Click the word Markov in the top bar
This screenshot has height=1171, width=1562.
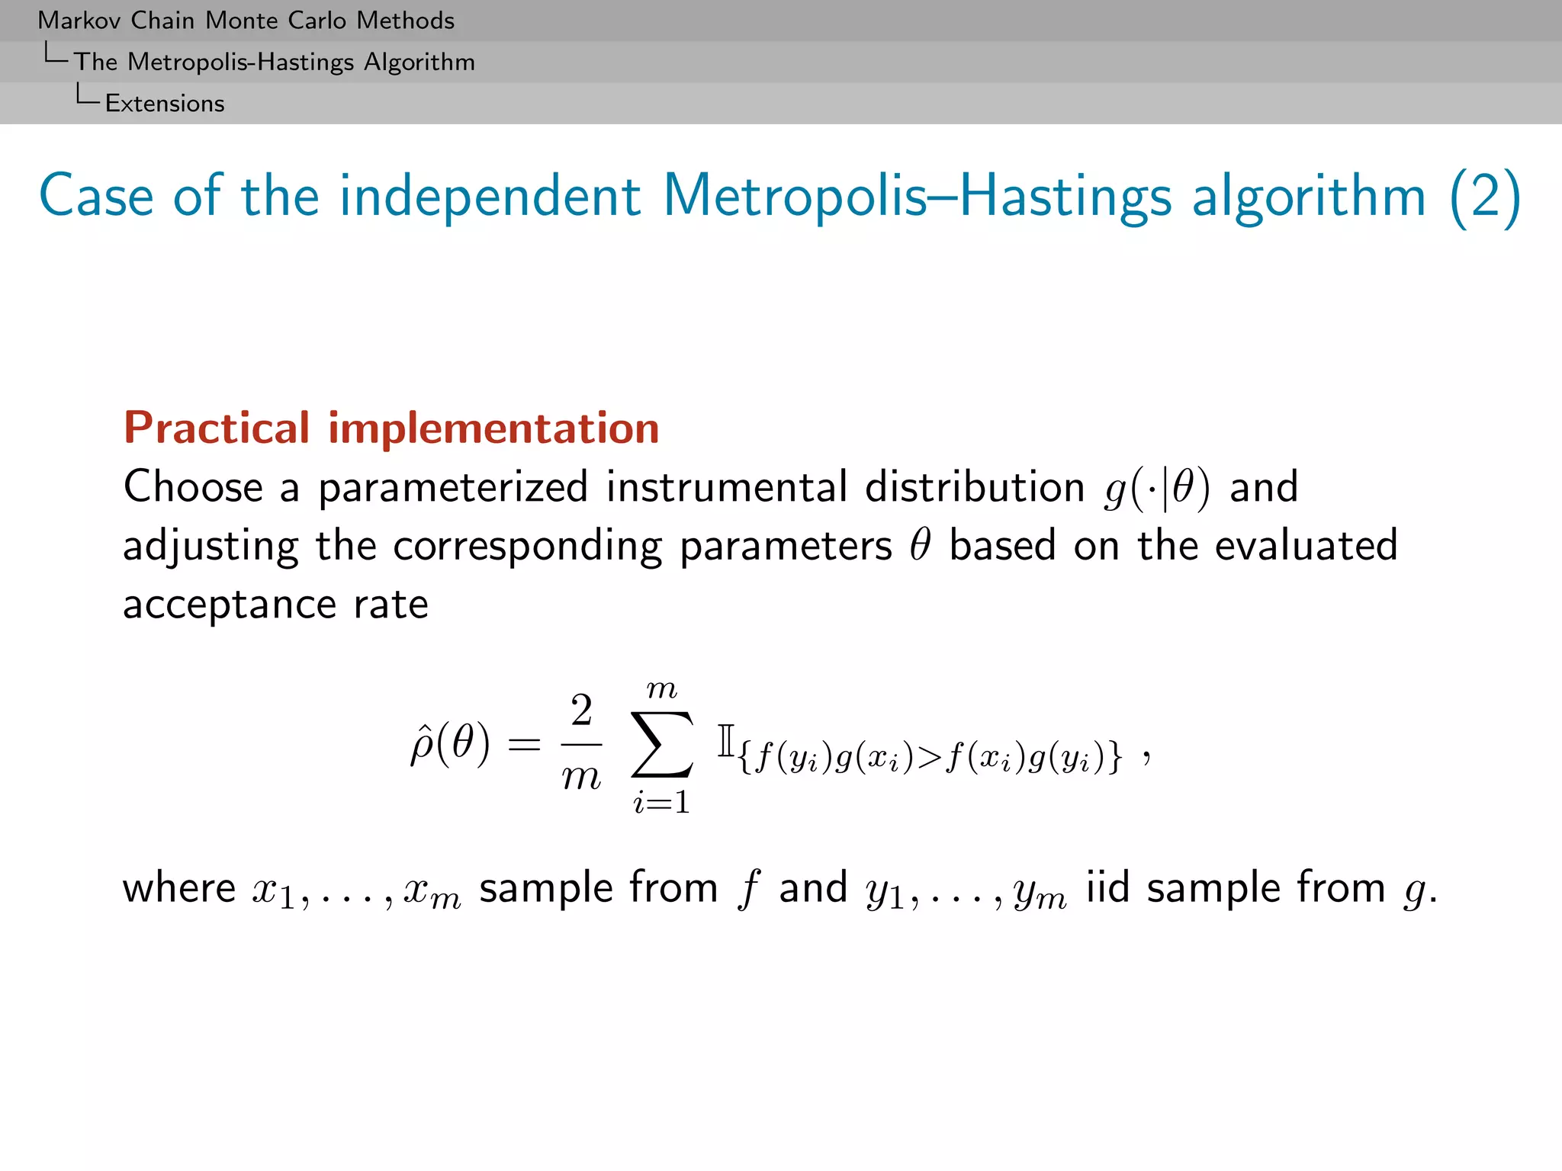coord(79,20)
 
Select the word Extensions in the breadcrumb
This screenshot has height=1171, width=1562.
coord(165,103)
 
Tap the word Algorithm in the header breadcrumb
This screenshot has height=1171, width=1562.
coord(419,62)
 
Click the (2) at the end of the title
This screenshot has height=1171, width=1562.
coord(1484,197)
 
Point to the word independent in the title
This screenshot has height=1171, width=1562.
coord(490,197)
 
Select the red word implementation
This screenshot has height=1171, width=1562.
coord(493,428)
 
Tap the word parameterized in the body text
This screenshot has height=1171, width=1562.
coord(453,488)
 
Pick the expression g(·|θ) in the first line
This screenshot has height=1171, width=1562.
coord(1156,489)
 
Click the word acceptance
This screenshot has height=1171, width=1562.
coord(230,605)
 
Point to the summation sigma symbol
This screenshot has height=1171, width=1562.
coord(662,744)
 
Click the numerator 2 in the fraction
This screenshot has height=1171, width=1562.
coord(581,711)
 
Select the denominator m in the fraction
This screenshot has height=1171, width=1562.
coord(581,777)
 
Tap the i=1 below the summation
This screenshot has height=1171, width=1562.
coord(661,802)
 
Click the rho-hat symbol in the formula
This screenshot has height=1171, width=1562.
coord(422,745)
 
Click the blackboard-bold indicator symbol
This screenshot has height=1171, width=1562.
coord(725,741)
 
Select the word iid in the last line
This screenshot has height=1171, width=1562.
coord(1107,888)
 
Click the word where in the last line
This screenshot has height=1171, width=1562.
coord(179,888)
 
